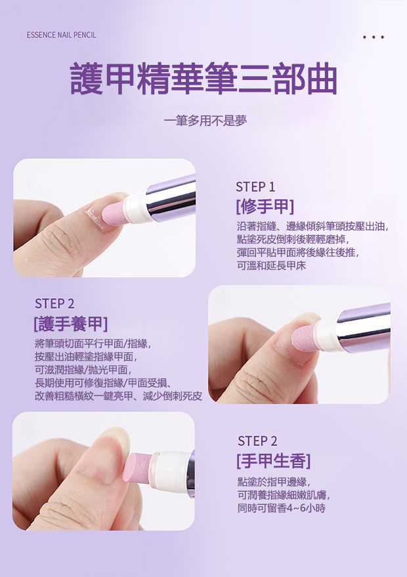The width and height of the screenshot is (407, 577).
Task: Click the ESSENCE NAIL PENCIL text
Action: click(61, 35)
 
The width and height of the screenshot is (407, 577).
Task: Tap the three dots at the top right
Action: click(374, 37)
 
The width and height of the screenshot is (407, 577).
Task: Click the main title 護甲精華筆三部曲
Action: click(203, 79)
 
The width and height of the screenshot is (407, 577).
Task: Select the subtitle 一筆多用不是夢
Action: click(205, 121)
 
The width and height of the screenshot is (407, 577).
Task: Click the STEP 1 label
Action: click(255, 187)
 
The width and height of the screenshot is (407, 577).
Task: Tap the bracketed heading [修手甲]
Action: click(265, 206)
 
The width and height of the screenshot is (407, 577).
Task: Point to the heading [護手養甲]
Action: click(71, 324)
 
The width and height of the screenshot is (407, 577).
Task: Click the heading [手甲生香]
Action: click(274, 461)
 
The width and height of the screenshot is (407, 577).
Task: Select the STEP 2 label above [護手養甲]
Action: click(54, 304)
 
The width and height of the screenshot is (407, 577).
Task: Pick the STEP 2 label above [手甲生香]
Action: click(257, 441)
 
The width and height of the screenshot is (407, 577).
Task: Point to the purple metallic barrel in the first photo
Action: click(171, 199)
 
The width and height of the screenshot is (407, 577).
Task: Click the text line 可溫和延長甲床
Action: click(272, 266)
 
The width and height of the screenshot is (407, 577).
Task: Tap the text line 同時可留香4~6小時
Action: click(282, 508)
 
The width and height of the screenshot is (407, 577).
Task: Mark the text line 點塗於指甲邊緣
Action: click(274, 481)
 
